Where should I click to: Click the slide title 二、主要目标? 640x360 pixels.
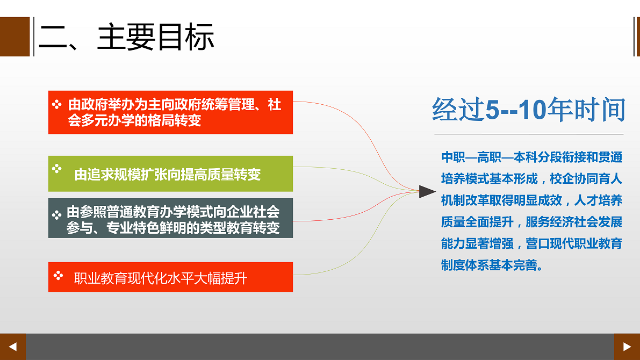(x=126, y=37)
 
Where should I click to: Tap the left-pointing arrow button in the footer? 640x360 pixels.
(x=13, y=347)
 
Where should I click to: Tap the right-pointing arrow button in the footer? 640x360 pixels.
(x=627, y=347)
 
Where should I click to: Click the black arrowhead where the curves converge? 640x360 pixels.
(x=427, y=191)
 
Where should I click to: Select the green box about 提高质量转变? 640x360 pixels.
(x=170, y=174)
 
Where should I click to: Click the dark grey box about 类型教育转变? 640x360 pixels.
(x=170, y=218)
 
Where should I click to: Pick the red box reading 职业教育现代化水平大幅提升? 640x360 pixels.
(x=170, y=277)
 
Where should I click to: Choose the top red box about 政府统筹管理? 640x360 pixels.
(x=170, y=112)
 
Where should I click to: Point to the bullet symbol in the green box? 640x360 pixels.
(x=57, y=168)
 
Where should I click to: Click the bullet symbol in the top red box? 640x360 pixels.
(x=57, y=104)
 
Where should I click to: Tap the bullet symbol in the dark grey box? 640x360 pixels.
(x=57, y=215)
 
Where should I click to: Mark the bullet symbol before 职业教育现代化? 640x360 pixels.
(x=59, y=276)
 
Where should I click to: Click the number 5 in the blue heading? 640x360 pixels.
(x=493, y=110)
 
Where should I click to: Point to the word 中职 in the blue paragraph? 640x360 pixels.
(x=453, y=157)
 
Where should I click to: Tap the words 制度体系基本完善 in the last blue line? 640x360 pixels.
(x=490, y=265)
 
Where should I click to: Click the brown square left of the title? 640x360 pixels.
(x=15, y=37)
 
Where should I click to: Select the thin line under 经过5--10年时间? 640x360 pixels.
(x=529, y=134)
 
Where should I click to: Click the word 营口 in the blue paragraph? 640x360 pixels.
(x=537, y=244)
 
